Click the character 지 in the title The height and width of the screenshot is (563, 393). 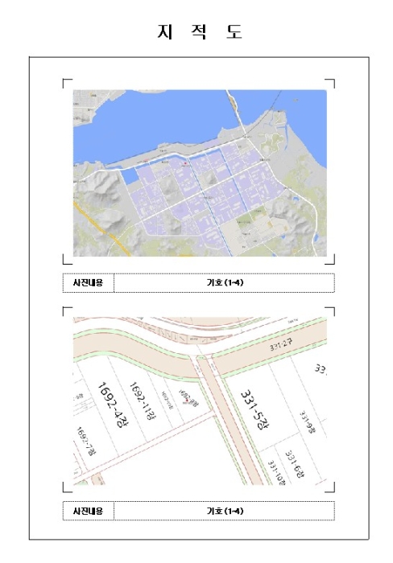163,32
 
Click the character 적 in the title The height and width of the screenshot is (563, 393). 198,32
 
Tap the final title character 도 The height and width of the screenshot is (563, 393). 234,32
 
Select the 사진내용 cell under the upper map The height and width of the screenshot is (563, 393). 88,283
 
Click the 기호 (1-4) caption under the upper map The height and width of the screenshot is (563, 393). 225,283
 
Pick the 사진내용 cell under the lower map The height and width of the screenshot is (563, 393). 88,511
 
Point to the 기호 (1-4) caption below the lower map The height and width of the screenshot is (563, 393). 225,511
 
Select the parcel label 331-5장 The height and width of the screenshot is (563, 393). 254,411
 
